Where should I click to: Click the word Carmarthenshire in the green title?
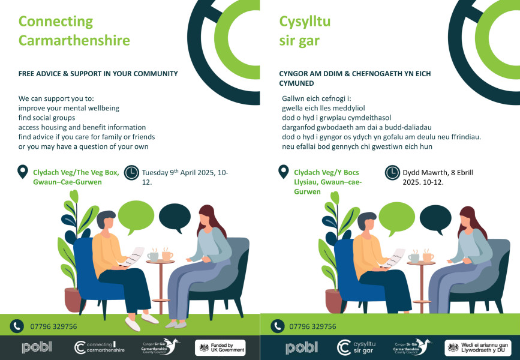coord(74,40)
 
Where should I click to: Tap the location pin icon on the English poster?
coord(23,172)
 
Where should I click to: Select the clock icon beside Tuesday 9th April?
coord(132,173)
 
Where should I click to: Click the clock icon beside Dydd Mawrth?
coord(392,173)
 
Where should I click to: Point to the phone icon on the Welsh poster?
coord(278,326)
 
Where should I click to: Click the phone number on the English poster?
coord(54,326)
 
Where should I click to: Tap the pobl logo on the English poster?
coord(37,347)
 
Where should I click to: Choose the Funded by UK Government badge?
coord(220,348)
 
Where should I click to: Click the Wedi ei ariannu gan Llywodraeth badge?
coord(478,348)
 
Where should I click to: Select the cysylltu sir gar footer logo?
coord(356,347)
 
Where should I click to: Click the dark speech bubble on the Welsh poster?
coord(435,218)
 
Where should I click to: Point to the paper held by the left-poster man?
coord(133,256)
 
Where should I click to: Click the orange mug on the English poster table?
coord(167,256)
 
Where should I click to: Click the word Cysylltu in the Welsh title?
coord(305,22)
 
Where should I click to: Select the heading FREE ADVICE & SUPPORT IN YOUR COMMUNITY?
coord(98,74)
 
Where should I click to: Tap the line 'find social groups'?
coord(47,118)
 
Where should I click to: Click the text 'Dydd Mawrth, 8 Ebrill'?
coord(438,172)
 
